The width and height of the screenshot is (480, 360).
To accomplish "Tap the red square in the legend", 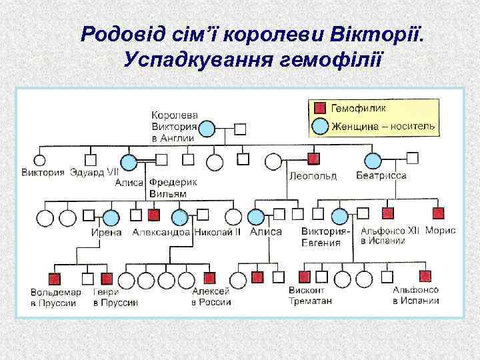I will point(320,108).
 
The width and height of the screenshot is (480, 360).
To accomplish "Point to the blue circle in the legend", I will point(320,125).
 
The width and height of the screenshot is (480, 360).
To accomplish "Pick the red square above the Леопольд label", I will point(313,159).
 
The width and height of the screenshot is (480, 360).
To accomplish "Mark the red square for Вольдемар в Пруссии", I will point(55,278).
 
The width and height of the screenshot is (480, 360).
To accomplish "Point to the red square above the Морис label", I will point(438,213).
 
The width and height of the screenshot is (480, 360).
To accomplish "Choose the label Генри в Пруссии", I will point(115,297).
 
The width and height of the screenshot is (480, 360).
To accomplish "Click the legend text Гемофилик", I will point(359,108).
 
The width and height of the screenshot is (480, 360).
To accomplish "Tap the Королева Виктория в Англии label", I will point(173,126).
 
